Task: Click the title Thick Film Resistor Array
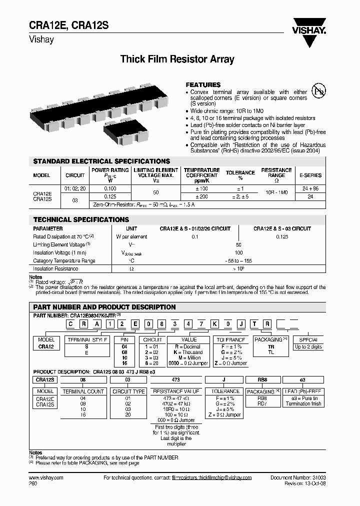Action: pyautogui.click(x=177, y=59)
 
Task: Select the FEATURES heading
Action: pyautogui.click(x=203, y=85)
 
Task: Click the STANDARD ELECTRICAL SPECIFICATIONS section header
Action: pyautogui.click(x=101, y=161)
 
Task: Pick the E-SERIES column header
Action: pyautogui.click(x=310, y=175)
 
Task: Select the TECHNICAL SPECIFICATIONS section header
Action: pyautogui.click(x=81, y=219)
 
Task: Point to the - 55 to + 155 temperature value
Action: pyautogui.click(x=238, y=260)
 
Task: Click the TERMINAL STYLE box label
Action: pyautogui.click(x=86, y=339)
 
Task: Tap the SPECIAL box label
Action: pyautogui.click(x=308, y=339)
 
